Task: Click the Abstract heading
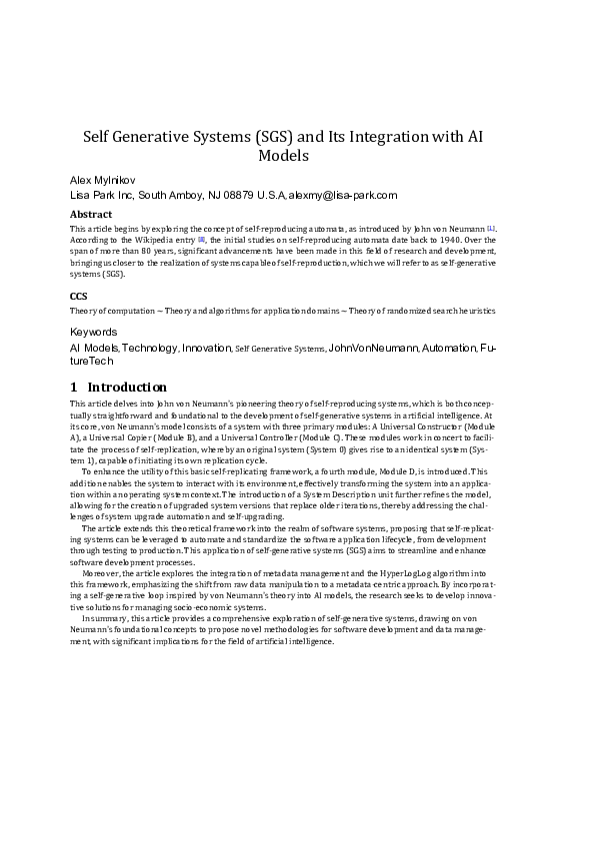tap(90, 214)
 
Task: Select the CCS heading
tap(79, 296)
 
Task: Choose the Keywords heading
tap(93, 332)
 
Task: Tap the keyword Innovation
tap(206, 348)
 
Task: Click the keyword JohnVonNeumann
tap(372, 348)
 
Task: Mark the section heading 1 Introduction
tap(117, 387)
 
